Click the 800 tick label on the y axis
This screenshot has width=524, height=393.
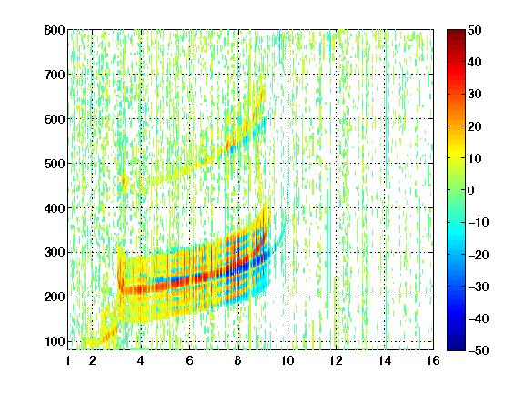(55, 30)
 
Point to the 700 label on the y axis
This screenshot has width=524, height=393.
(55, 75)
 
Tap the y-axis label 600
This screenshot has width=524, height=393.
(55, 119)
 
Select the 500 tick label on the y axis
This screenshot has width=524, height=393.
(55, 164)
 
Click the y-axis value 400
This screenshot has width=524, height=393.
(55, 208)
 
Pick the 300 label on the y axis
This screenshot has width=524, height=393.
(55, 253)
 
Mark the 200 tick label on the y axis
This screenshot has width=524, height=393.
(55, 297)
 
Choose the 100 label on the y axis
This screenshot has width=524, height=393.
(55, 341)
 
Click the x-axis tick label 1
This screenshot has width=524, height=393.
(68, 360)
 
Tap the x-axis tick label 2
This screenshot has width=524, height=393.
(93, 360)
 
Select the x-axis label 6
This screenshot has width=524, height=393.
(190, 360)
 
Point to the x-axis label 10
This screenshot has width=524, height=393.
(287, 360)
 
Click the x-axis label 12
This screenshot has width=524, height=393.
(336, 360)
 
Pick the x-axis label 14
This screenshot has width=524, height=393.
(385, 360)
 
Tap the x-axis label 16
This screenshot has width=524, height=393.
(433, 360)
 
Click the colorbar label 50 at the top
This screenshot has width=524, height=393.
(475, 30)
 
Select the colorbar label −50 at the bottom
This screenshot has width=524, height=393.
(479, 350)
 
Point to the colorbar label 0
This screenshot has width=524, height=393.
(471, 190)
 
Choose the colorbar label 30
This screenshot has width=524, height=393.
(475, 95)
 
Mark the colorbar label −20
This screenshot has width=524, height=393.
(479, 255)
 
